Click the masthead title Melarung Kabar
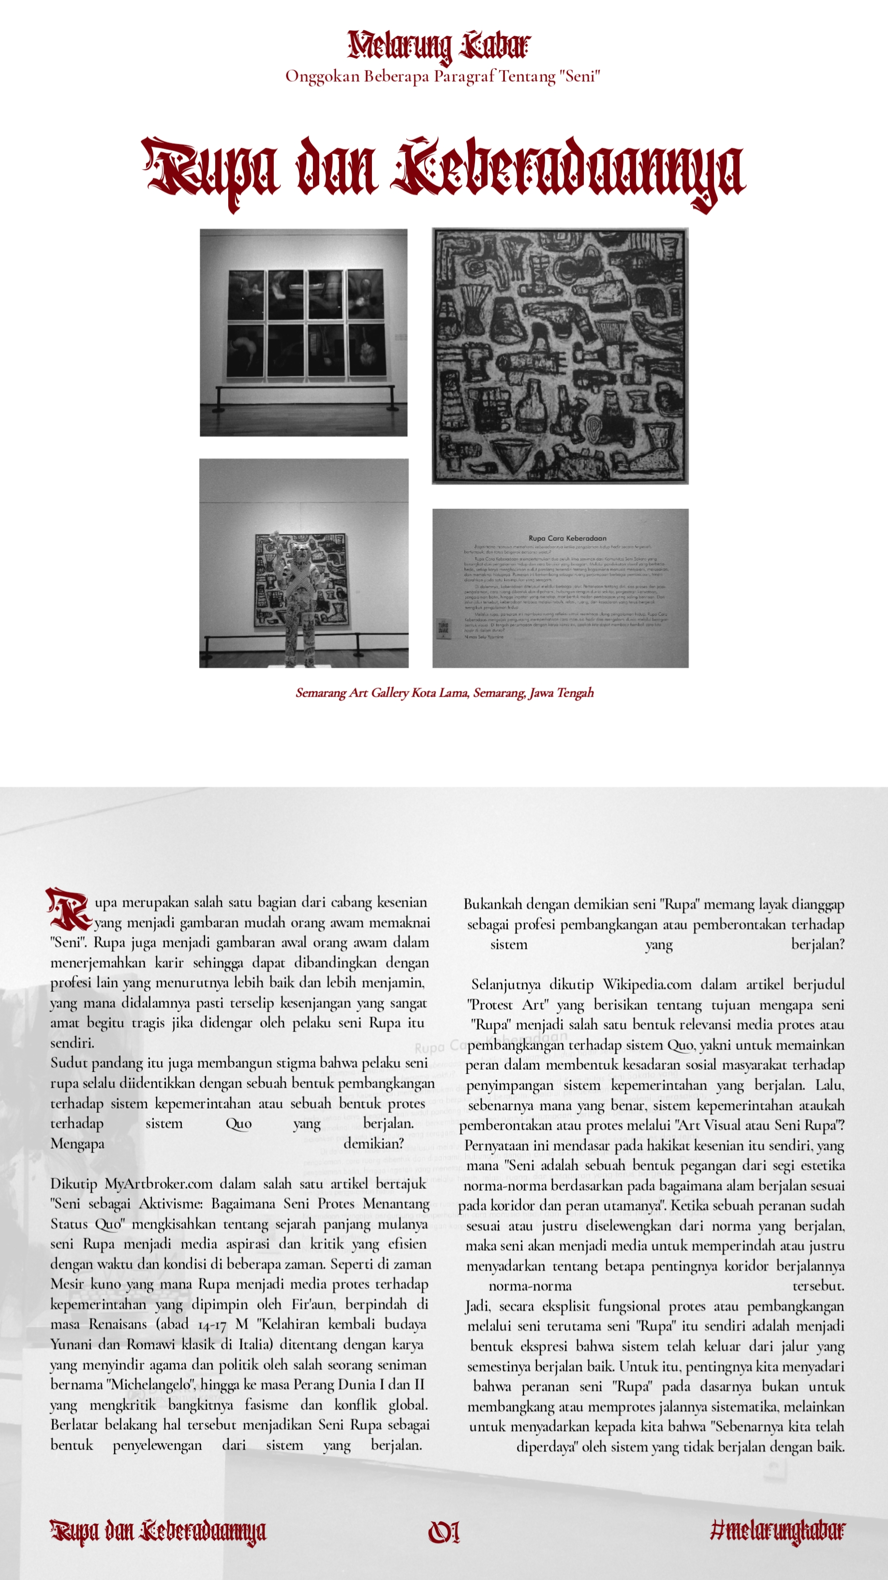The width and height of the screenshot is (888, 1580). (x=439, y=46)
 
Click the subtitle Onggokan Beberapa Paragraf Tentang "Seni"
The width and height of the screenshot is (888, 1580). (x=443, y=76)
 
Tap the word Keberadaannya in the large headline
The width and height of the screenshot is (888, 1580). (x=570, y=171)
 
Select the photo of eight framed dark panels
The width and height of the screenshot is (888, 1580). (x=304, y=333)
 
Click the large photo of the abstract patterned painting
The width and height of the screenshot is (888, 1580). (x=560, y=356)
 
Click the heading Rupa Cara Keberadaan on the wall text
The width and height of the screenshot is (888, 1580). (x=567, y=538)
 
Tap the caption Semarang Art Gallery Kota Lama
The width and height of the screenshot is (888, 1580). (x=444, y=693)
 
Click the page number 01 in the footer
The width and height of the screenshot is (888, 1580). (x=444, y=1532)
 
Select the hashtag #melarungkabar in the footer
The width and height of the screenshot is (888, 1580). (x=778, y=1532)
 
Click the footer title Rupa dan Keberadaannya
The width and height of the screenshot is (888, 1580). (x=158, y=1532)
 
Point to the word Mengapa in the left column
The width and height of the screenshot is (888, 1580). (x=77, y=1144)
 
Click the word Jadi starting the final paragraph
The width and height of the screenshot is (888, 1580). (x=476, y=1307)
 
